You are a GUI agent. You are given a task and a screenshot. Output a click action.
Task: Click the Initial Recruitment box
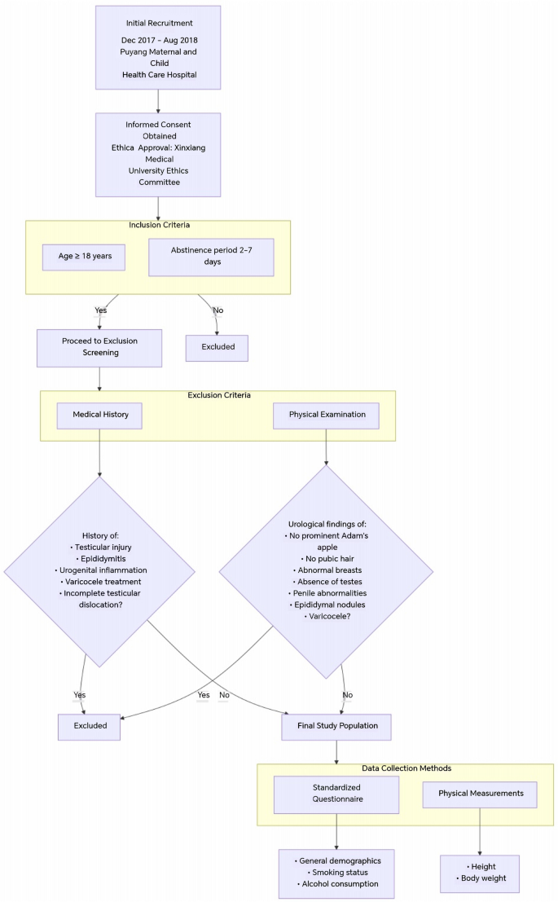pos(158,48)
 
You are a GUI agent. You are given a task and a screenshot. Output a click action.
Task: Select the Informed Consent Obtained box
pos(158,154)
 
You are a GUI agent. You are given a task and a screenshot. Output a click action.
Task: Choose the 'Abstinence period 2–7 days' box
pos(211,257)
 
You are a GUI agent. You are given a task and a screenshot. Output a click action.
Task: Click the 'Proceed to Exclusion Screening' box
pos(99,348)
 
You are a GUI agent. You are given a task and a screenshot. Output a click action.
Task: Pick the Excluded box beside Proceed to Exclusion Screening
pos(217,347)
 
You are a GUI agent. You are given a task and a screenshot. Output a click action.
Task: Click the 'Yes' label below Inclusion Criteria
pos(100,310)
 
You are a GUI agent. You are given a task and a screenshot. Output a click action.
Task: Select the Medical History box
pos(99,415)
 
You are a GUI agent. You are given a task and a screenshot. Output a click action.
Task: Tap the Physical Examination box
pos(327,415)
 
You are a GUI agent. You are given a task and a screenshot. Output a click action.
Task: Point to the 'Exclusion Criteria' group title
pos(219,395)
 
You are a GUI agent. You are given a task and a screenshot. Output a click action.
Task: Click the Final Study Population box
pos(336,726)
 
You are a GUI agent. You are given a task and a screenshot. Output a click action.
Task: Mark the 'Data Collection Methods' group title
pos(405,768)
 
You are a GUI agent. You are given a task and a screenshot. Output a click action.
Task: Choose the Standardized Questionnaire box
pos(336,794)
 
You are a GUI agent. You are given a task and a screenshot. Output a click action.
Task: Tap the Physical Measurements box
pos(479,794)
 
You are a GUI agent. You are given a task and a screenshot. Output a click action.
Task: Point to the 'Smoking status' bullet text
pos(337,872)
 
